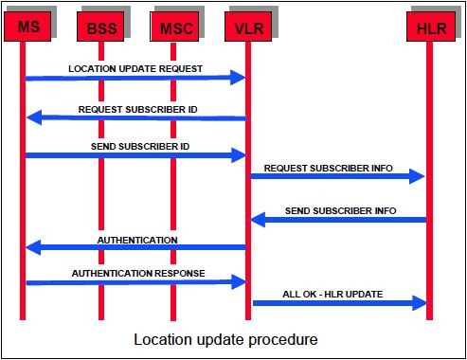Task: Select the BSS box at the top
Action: [x=99, y=28]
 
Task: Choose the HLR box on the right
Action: [x=427, y=28]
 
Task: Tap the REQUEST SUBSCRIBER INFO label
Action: [x=328, y=168]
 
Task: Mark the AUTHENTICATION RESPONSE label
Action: [x=138, y=273]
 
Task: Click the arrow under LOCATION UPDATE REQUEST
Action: [x=135, y=78]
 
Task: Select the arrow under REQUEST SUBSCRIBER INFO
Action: [x=336, y=176]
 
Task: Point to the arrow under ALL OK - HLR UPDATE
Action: [x=336, y=303]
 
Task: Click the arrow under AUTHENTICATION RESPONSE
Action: [x=135, y=282]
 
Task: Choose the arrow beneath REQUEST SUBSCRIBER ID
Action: [x=135, y=118]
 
